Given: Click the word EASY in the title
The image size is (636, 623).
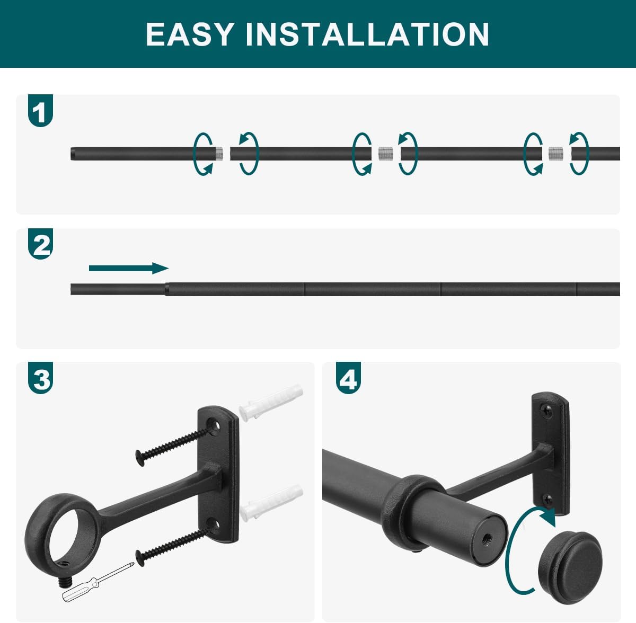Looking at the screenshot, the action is (x=190, y=34).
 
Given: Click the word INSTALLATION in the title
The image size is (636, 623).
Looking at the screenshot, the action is (x=367, y=34).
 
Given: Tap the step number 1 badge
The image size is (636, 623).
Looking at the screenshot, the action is (x=40, y=111).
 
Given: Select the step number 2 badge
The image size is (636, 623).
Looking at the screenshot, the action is (x=40, y=244).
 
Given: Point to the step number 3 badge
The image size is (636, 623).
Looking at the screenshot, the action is (x=40, y=378).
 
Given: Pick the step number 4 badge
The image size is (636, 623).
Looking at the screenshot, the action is (x=348, y=378).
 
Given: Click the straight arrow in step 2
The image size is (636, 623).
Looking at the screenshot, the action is (x=129, y=268).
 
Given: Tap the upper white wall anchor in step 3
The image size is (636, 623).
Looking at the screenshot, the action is (x=271, y=403).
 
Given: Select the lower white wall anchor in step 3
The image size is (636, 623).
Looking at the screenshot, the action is (x=271, y=503).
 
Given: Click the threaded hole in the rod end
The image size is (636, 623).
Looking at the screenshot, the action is (x=485, y=540).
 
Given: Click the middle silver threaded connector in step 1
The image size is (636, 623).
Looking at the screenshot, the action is (x=385, y=154).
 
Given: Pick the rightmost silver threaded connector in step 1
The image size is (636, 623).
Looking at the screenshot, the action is (x=556, y=154).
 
